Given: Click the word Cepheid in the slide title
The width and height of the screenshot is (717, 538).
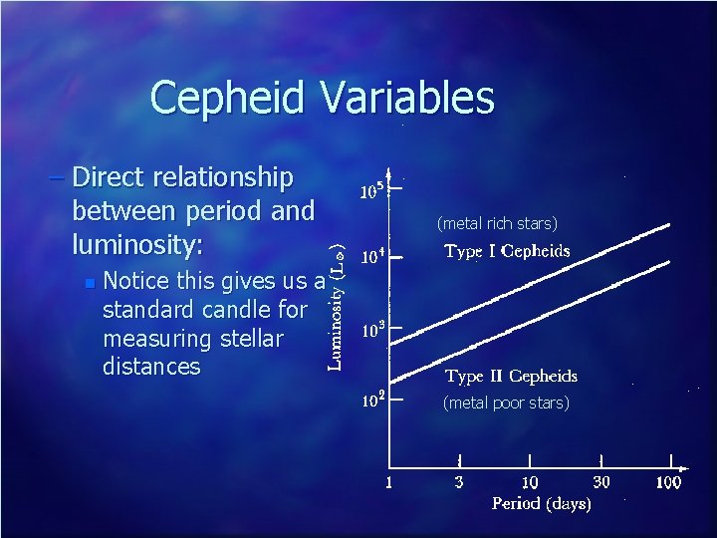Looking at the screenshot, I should point(230,99).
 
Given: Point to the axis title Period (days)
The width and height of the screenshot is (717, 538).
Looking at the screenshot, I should point(541,504).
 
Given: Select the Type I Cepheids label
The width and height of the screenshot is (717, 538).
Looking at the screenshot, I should point(507,251).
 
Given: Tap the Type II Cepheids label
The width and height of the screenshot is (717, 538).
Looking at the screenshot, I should point(511,377).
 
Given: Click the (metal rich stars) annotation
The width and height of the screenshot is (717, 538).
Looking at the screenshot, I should point(497,222).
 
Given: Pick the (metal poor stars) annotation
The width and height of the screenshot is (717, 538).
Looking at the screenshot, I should point(506,403).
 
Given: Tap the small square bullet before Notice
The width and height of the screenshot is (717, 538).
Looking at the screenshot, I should point(90,284).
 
